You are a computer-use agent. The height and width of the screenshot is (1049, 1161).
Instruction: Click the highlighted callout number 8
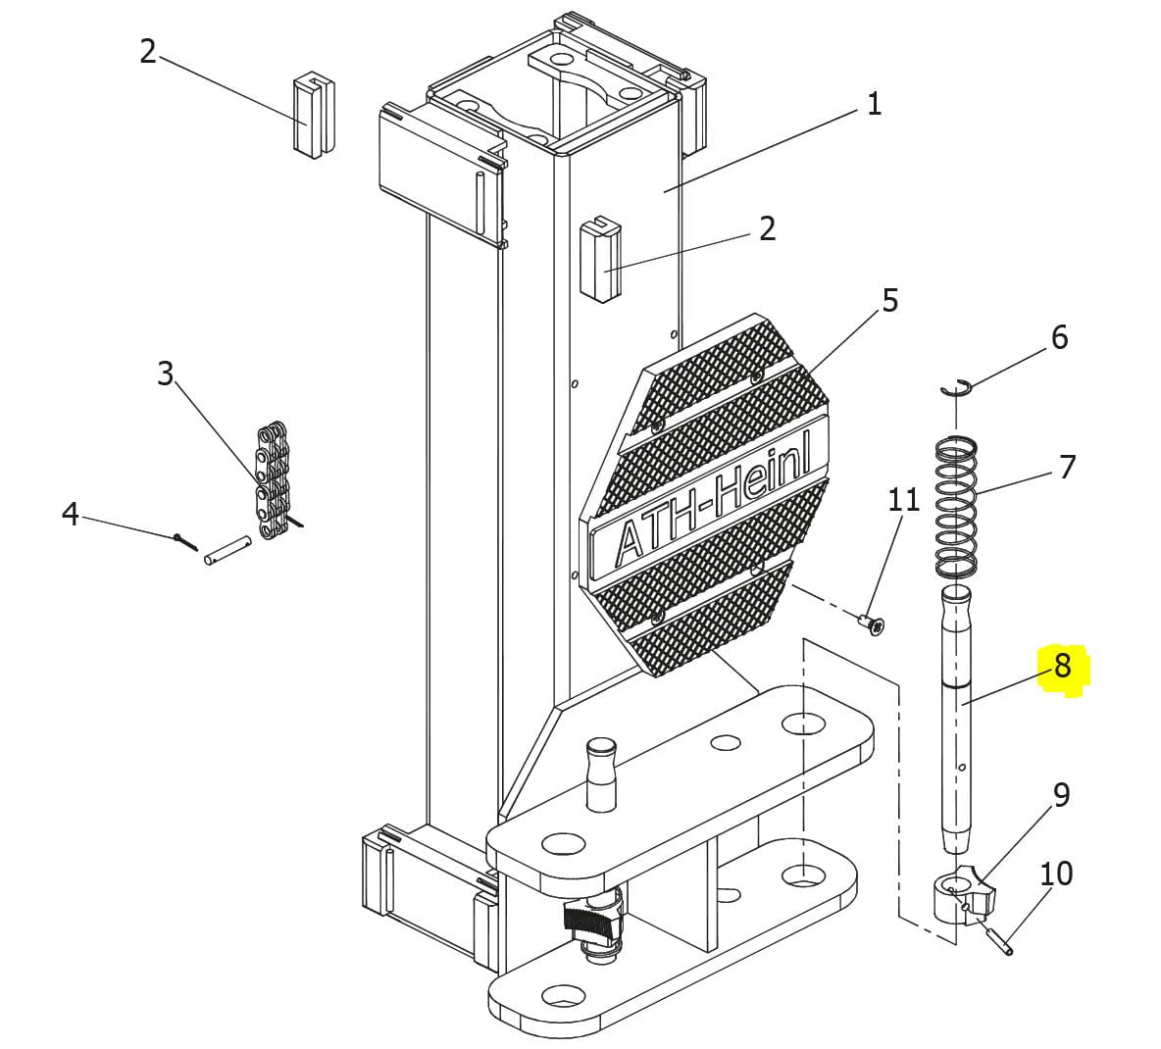tap(1062, 667)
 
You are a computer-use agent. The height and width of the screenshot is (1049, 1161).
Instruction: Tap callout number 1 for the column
tap(874, 103)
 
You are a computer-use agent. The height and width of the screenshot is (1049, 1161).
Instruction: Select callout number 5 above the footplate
tap(888, 300)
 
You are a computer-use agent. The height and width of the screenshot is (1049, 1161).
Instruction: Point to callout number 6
tap(1059, 337)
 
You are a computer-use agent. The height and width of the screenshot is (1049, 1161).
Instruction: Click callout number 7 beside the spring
tap(1067, 467)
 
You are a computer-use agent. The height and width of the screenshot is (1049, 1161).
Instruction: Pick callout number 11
tap(903, 500)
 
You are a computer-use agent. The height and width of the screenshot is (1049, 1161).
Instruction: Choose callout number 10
tap(1056, 873)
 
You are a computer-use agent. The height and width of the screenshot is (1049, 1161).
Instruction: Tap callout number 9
tap(1061, 794)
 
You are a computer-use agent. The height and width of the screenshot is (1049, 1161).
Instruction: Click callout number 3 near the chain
tap(165, 373)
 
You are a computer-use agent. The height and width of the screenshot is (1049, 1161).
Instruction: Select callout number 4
tap(70, 513)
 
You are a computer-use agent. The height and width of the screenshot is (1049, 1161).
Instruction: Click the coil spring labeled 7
tap(956, 505)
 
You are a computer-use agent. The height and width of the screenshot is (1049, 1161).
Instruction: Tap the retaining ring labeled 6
tap(955, 387)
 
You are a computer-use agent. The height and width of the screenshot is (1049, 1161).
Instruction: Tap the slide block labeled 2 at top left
tap(314, 114)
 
